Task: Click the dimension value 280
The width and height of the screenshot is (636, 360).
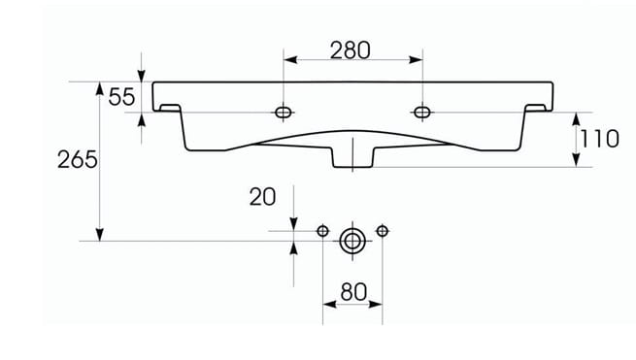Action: click(x=351, y=50)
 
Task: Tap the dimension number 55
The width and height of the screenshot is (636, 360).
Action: click(x=121, y=97)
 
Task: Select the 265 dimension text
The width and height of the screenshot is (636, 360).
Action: click(x=77, y=159)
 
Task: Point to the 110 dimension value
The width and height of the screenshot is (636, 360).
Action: click(x=600, y=139)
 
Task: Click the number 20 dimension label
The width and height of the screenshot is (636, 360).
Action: click(x=262, y=197)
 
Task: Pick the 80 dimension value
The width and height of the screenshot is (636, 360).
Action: click(x=353, y=292)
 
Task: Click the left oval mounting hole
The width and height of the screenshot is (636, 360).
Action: click(x=284, y=113)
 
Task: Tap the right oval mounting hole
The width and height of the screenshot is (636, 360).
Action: click(x=422, y=112)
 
